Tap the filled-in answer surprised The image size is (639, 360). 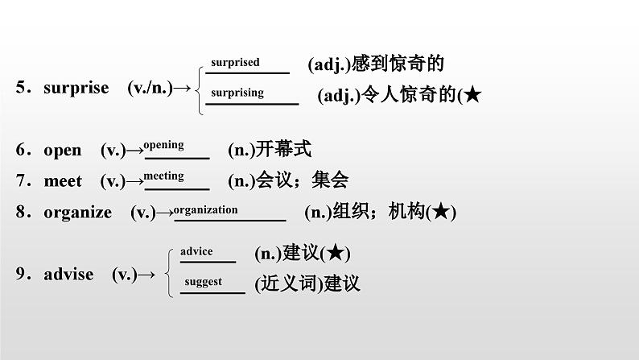pyautogui.click(x=235, y=62)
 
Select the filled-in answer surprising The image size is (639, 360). pyautogui.click(x=237, y=93)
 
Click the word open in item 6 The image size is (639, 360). pyautogui.click(x=63, y=150)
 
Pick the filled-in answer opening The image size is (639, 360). pyautogui.click(x=163, y=145)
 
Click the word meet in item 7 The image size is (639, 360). pyautogui.click(x=63, y=181)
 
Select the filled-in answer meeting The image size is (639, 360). pyautogui.click(x=163, y=176)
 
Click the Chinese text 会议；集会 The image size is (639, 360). pyautogui.click(x=302, y=181)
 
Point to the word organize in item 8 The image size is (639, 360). pyautogui.click(x=77, y=213)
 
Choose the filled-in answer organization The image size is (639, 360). pyautogui.click(x=205, y=209)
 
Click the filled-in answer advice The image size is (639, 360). pyautogui.click(x=196, y=251)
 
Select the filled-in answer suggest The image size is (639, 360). pyautogui.click(x=203, y=282)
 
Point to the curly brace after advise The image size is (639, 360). pyautogui.click(x=167, y=271)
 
